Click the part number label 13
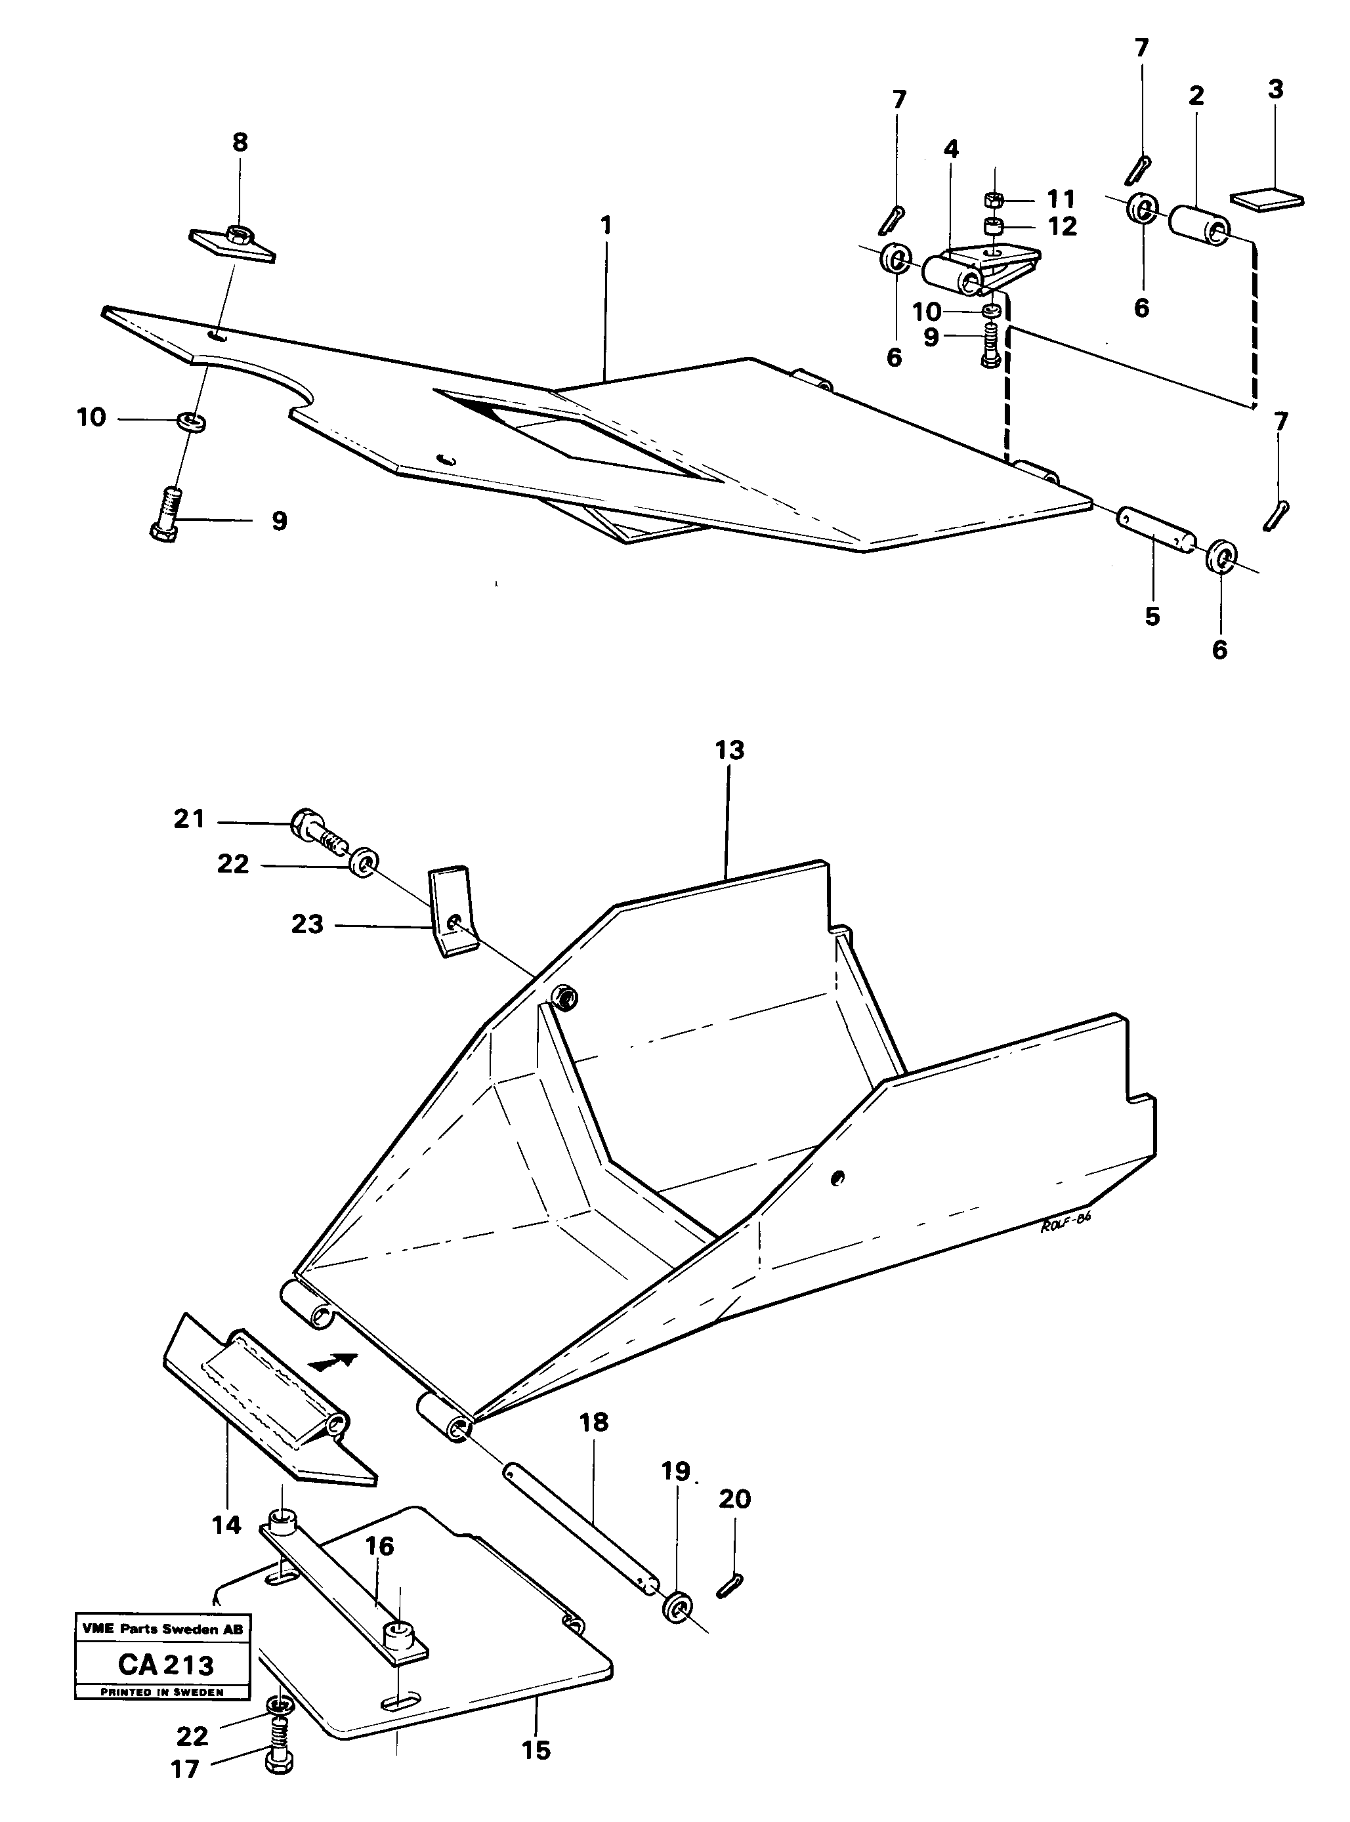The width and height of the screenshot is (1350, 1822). tap(730, 750)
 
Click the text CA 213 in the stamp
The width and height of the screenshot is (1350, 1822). tap(166, 1665)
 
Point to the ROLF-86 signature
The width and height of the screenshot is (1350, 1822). tap(1066, 1249)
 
